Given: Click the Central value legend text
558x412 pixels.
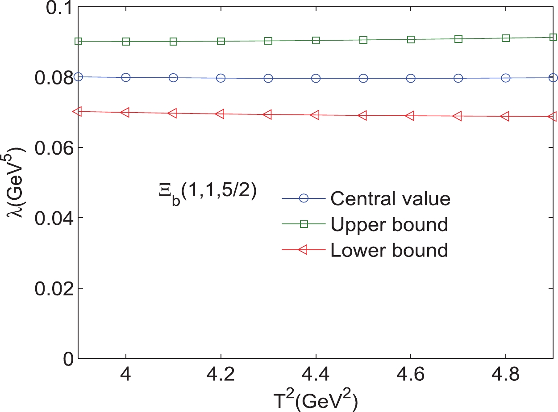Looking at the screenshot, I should tap(390, 199).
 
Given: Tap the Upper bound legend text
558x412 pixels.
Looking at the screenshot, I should tap(389, 225).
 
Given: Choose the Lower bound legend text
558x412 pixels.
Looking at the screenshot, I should tap(389, 250).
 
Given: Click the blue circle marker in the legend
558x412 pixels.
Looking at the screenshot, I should tap(304, 199).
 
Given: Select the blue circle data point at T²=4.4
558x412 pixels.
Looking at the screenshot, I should tap(316, 78).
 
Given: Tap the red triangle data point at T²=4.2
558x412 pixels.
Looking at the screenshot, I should tap(220, 114).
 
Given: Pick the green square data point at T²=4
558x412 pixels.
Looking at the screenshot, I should tap(126, 41).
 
